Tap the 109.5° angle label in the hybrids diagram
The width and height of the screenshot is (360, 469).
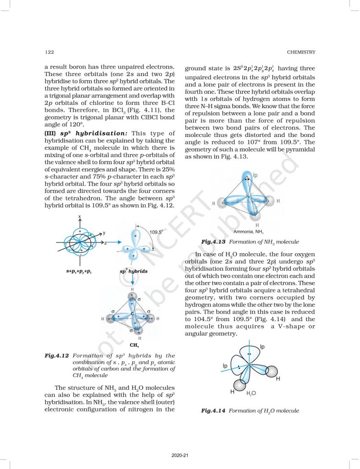tap(156, 232)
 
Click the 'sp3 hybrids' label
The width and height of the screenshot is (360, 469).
tap(134, 271)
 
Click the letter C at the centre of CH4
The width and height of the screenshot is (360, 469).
tap(132, 313)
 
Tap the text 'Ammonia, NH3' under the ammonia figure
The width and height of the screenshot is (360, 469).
tap(250, 231)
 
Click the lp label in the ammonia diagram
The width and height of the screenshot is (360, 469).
tap(256, 175)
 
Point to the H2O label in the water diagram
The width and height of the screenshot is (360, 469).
tap(251, 393)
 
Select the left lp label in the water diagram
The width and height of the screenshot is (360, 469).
tap(225, 365)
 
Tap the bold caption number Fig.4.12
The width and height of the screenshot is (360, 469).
tap(57, 355)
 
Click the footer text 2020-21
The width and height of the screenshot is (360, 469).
tap(180, 455)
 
